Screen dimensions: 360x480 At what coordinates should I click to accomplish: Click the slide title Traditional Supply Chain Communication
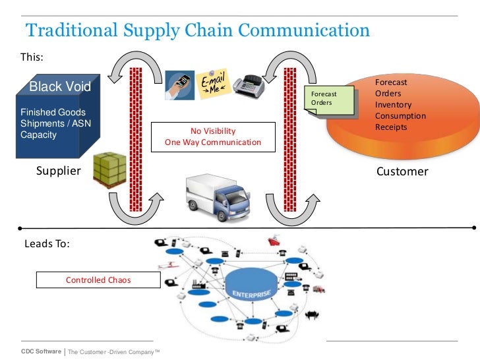pos(197,31)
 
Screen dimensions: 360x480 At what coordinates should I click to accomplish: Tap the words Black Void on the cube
pos(61,87)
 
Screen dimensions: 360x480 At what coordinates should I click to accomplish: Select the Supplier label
pos(58,171)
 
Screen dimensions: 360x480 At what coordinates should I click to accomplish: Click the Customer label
pos(402,171)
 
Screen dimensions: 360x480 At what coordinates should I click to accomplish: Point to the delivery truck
pos(217,195)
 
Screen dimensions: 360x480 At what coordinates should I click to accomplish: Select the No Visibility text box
pos(212,136)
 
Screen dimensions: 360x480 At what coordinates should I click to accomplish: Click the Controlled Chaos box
pos(98,280)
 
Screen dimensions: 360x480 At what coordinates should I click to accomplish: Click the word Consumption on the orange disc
pos(400,116)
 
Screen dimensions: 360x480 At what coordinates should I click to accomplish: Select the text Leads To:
pos(47,243)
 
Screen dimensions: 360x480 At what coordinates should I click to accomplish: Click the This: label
pos(32,57)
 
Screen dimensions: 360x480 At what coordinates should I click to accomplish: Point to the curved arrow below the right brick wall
pos(291,205)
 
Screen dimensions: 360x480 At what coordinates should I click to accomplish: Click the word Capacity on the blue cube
pos(39,135)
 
